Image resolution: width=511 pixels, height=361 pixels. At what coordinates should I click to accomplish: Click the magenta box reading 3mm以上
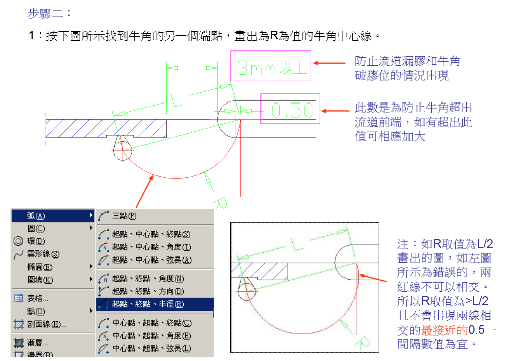270,66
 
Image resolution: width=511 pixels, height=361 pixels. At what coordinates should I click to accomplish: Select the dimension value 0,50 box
290,109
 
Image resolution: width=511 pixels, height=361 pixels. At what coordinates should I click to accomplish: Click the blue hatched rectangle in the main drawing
106,128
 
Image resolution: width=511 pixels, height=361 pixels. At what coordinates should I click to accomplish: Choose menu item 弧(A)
36,216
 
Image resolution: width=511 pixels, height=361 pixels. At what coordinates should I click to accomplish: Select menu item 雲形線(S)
43,254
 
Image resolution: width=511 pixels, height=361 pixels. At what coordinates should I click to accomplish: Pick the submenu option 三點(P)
124,216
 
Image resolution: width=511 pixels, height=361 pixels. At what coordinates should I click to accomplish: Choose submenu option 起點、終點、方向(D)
147,291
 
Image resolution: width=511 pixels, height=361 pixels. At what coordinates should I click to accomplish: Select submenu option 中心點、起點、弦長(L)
151,348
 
